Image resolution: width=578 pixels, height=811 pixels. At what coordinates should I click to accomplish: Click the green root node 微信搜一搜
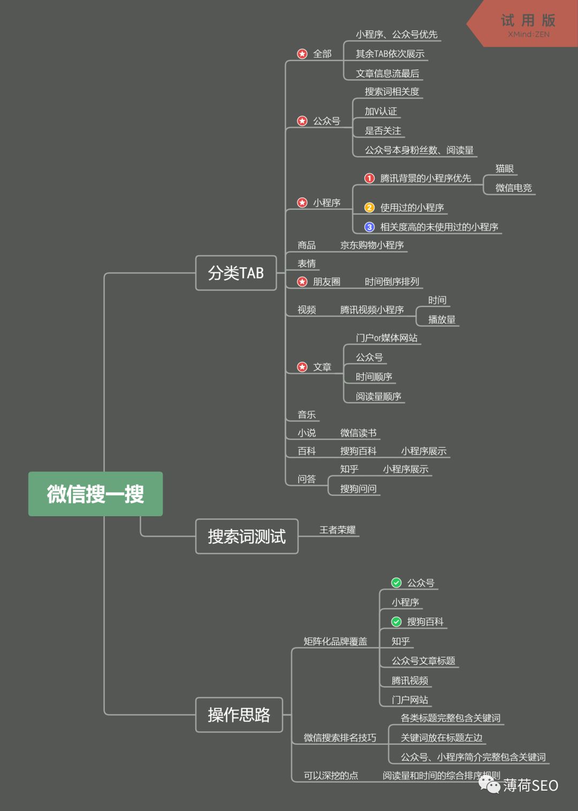click(95, 494)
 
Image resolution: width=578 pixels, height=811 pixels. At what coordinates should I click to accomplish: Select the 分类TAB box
click(236, 273)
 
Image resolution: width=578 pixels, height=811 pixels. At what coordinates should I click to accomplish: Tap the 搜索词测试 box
click(247, 536)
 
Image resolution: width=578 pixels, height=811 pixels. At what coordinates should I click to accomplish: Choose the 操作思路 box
click(239, 715)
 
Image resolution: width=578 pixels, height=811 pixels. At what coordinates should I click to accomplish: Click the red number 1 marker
click(369, 178)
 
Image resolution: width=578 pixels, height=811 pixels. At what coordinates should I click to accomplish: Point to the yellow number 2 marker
click(369, 208)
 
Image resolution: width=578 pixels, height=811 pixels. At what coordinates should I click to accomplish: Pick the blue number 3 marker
click(369, 227)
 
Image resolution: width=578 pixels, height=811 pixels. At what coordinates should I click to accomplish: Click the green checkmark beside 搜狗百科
click(396, 622)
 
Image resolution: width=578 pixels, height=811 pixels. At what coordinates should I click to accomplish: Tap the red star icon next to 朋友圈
click(302, 281)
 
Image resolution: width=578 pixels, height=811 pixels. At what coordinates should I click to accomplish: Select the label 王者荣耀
click(337, 530)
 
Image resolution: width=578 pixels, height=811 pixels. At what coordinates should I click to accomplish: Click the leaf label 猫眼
click(504, 169)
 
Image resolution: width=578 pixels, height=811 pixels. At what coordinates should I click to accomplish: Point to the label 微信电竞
click(513, 188)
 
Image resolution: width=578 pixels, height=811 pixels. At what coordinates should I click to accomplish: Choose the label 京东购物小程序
click(372, 245)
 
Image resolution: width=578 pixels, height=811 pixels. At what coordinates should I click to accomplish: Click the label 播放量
click(442, 319)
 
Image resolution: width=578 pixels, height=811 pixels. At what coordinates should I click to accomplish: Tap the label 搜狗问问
click(358, 488)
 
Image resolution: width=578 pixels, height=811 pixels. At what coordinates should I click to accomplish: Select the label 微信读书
click(358, 433)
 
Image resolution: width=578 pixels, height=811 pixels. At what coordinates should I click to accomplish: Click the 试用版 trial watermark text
click(528, 20)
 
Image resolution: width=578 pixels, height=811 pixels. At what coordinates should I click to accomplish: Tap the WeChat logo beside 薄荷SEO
click(489, 784)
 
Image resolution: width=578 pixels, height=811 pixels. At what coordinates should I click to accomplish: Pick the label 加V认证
click(381, 111)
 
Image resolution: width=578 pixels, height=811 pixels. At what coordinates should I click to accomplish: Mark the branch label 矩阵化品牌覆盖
click(335, 641)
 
